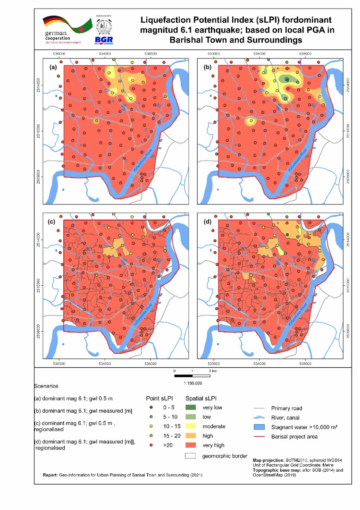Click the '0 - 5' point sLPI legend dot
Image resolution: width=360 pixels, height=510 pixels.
152,408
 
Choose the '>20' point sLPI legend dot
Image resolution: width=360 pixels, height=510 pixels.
152,445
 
